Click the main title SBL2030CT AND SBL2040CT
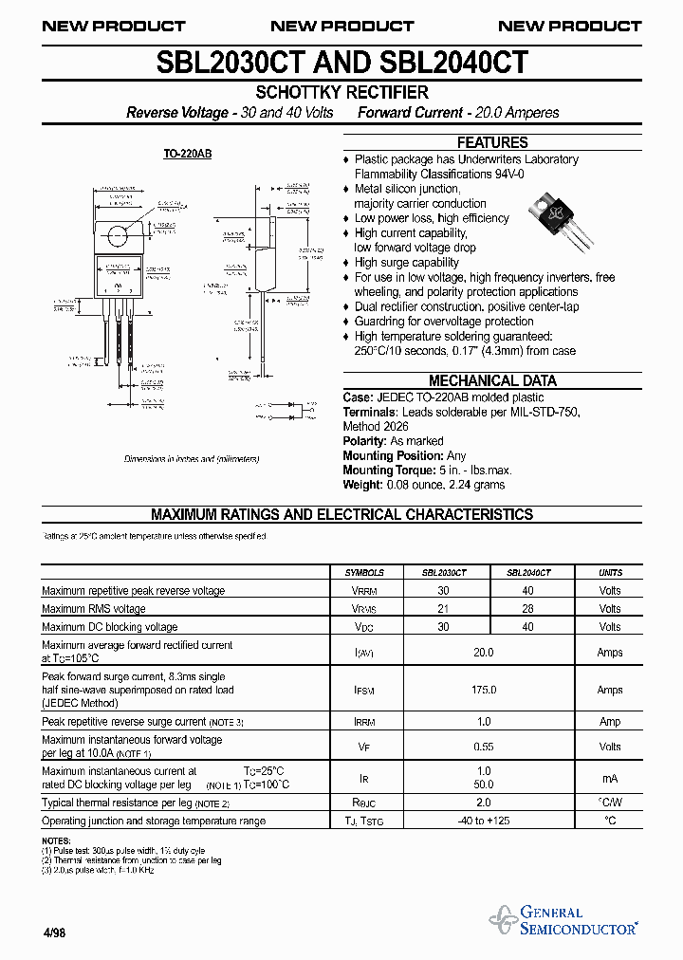pos(341,63)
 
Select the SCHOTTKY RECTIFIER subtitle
pos(342,93)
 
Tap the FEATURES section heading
pos(492,142)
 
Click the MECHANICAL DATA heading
pos(492,380)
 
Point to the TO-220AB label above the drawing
pos(188,154)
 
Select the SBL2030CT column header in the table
pos(443,573)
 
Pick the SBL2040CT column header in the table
pos(528,573)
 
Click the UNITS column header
pos(610,573)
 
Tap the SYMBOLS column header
pos(364,573)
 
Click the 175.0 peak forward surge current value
pos(484,690)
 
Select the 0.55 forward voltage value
pos(484,747)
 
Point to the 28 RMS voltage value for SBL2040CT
pos(528,609)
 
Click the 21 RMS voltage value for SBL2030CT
pos(443,609)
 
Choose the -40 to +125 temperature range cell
pos(484,821)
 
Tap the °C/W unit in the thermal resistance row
pos(610,803)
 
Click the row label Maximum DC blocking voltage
pos(110,627)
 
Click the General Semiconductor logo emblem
pos(502,919)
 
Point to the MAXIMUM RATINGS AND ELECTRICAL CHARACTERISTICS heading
pos(342,515)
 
